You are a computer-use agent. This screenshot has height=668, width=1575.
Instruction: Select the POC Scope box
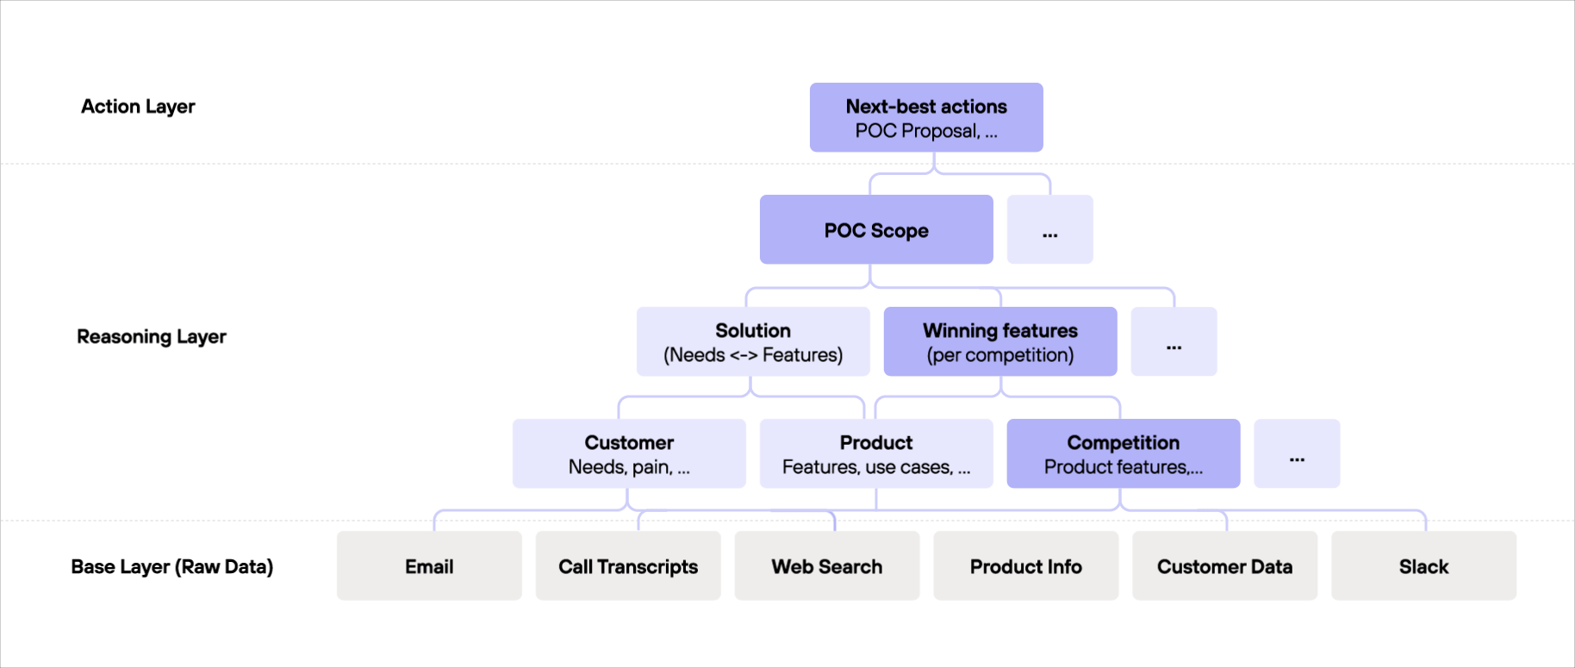876,230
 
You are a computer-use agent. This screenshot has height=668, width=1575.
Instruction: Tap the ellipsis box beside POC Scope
1049,230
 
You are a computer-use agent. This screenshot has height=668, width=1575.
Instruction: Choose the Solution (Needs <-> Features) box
753,342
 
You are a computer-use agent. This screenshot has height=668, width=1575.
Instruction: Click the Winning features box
1000,342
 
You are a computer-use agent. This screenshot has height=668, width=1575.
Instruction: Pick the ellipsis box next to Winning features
1173,342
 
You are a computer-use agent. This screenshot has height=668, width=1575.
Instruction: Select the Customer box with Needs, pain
629,454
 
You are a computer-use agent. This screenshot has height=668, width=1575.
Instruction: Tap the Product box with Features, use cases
876,454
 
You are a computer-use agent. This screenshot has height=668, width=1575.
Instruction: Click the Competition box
1124,454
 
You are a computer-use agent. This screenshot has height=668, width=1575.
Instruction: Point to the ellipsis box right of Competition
1297,454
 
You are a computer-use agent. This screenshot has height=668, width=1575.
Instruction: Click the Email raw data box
429,566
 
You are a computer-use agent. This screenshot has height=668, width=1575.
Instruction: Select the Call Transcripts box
628,566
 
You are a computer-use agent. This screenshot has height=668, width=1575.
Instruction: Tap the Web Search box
827,566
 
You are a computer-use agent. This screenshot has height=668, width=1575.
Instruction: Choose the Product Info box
1026,566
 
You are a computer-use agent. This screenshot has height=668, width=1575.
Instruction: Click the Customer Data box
1224,566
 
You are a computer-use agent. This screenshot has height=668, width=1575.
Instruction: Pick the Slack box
1423,566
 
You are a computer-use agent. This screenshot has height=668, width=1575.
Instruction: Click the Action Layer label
138,107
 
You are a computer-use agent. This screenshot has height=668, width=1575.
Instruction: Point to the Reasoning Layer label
152,337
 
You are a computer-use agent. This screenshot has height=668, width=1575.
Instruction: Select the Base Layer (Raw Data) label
172,567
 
